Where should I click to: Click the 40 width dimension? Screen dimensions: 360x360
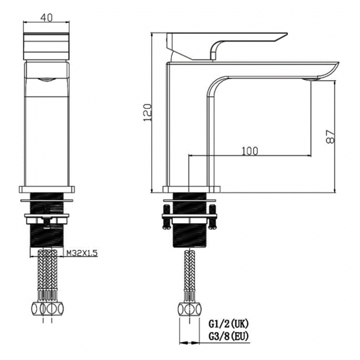[47, 18]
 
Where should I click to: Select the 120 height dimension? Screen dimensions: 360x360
[147, 113]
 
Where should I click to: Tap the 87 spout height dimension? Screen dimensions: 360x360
[331, 137]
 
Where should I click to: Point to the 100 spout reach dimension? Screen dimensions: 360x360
[250, 151]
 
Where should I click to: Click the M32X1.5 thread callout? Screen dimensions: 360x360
[82, 253]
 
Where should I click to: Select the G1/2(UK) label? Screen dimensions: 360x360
[228, 324]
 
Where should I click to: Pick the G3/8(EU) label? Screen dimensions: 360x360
[228, 336]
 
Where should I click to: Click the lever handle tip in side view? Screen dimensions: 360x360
[287, 34]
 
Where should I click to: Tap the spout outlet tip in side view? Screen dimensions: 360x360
[338, 63]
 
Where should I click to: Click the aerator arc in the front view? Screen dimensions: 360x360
[47, 79]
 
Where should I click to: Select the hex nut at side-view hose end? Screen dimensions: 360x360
[190, 309]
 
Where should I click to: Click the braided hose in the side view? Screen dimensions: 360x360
[189, 270]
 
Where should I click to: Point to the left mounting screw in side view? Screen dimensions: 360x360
[166, 216]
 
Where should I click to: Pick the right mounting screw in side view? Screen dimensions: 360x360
[213, 216]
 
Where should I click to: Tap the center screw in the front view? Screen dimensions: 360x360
[47, 217]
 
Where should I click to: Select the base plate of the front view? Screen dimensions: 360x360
[47, 189]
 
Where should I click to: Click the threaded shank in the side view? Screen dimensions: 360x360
[189, 220]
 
